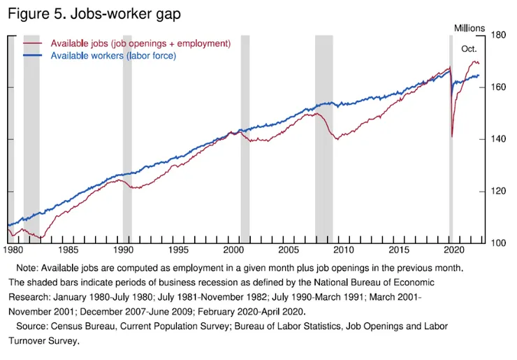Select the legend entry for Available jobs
140,43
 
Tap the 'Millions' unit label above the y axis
469,28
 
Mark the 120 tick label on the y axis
498,192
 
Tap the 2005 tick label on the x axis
289,250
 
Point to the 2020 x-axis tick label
453,250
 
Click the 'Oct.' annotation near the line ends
469,50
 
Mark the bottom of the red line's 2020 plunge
451,136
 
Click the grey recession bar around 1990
127,140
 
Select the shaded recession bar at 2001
245,140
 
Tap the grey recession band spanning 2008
323,140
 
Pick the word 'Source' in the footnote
31,326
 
